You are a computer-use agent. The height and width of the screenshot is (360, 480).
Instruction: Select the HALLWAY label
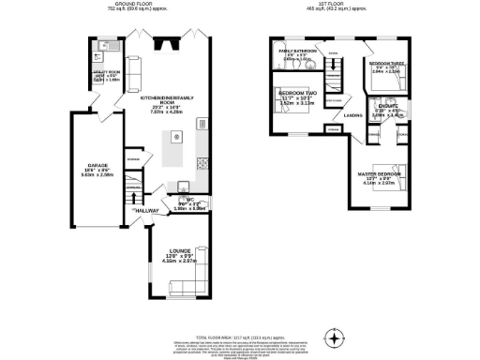[146, 211]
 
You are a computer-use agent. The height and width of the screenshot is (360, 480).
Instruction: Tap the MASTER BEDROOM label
[380, 174]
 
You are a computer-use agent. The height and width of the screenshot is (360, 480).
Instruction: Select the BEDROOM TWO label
[296, 94]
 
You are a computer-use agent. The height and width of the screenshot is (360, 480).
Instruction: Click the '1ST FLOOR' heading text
[332, 5]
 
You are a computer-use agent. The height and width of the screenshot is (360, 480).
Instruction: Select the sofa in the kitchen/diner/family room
[132, 67]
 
